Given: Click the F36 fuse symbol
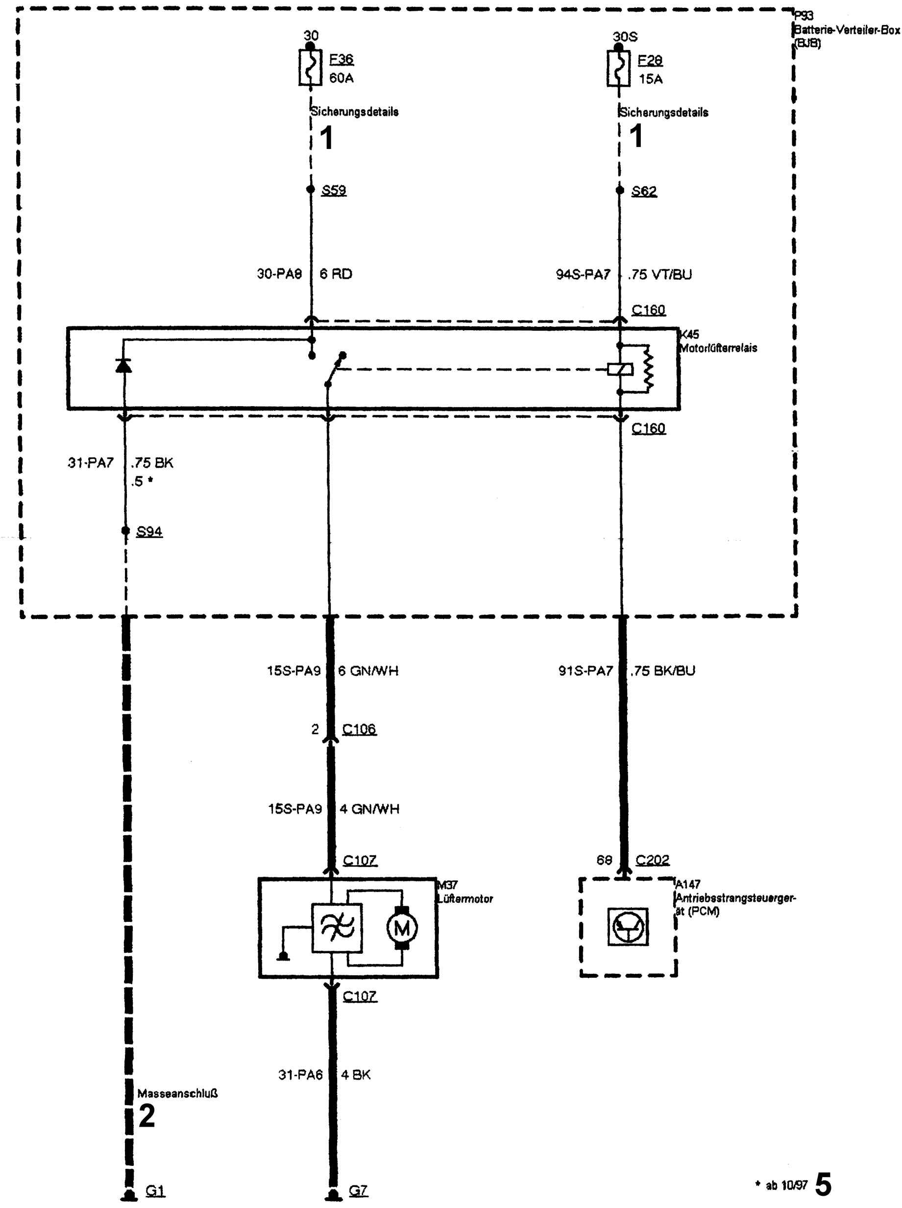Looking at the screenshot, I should pyautogui.click(x=310, y=67).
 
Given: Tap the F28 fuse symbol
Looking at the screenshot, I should pyautogui.click(x=619, y=68).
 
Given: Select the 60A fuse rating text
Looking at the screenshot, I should pyautogui.click(x=341, y=78).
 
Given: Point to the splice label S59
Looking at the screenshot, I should pyautogui.click(x=334, y=190).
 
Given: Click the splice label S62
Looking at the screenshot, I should pyautogui.click(x=644, y=191).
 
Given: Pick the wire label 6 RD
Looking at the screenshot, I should pyautogui.click(x=336, y=274).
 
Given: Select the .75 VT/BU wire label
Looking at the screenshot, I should pyautogui.click(x=659, y=275).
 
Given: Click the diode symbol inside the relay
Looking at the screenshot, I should pyautogui.click(x=124, y=364).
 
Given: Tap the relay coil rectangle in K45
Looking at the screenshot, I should pyautogui.click(x=620, y=369).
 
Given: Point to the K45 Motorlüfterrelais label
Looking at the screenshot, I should pyautogui.click(x=717, y=341).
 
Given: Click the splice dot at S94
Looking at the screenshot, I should pyautogui.click(x=125, y=531).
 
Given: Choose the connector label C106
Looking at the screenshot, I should pyautogui.click(x=359, y=729).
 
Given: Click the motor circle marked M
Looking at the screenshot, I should pyautogui.click(x=402, y=927).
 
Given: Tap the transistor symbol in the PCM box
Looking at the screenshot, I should pyautogui.click(x=628, y=926).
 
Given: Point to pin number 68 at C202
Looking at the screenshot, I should pyautogui.click(x=604, y=860).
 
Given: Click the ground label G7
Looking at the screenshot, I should pyautogui.click(x=358, y=1190).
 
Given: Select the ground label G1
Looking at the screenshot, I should pyautogui.click(x=155, y=1191).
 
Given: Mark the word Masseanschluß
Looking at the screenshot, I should pyautogui.click(x=177, y=1093).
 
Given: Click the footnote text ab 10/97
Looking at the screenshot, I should pyautogui.click(x=786, y=1185).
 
